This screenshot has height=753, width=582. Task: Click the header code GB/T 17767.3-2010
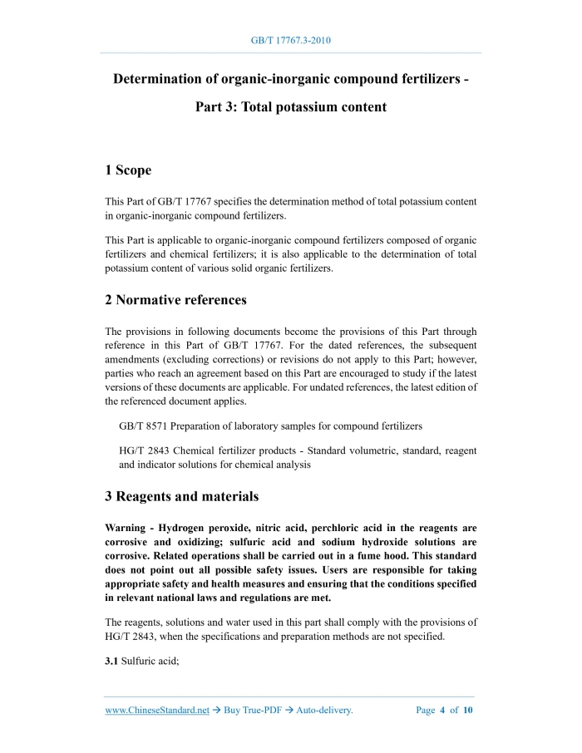click(291, 40)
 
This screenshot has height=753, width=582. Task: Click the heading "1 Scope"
click(128, 170)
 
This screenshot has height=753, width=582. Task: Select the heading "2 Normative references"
click(175, 299)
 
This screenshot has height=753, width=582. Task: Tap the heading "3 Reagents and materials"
click(181, 496)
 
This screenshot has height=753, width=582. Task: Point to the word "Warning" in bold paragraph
click(128, 528)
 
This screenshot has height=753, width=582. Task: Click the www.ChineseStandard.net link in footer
click(157, 711)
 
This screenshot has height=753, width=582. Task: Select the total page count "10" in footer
click(468, 711)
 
